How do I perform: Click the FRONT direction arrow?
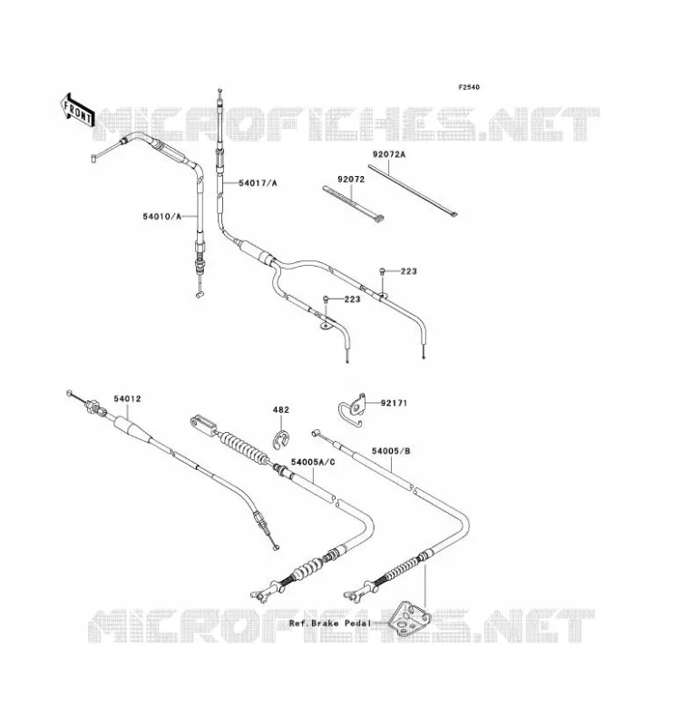(78, 111)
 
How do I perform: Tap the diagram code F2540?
(469, 87)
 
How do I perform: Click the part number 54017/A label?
(258, 183)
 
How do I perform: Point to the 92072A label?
(389, 154)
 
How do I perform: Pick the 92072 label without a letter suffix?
(351, 179)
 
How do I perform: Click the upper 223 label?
(409, 271)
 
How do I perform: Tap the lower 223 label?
(352, 299)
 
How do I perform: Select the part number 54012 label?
(127, 398)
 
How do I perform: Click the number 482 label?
(280, 410)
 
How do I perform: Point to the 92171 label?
(394, 403)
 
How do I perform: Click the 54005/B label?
(391, 451)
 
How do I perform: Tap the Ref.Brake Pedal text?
(329, 623)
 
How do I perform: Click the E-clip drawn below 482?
(280, 440)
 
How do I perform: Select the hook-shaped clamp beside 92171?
(352, 410)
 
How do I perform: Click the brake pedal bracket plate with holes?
(410, 619)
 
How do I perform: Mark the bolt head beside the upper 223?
(382, 271)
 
